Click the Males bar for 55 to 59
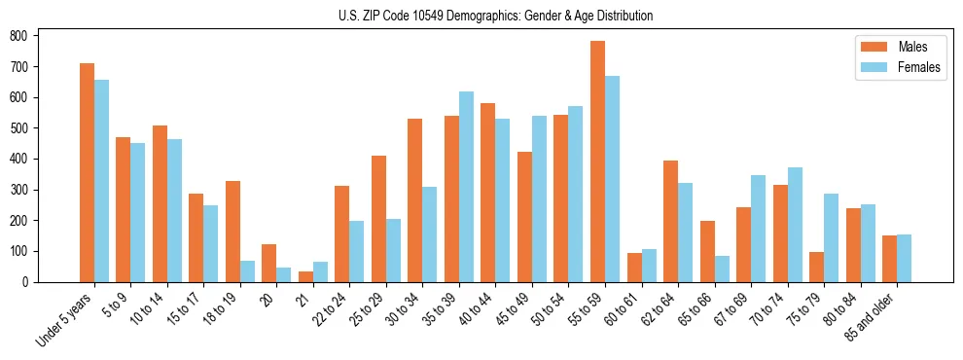pos(597,162)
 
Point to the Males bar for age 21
pos(305,276)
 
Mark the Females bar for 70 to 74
pos(795,225)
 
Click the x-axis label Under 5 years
pos(66,318)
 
